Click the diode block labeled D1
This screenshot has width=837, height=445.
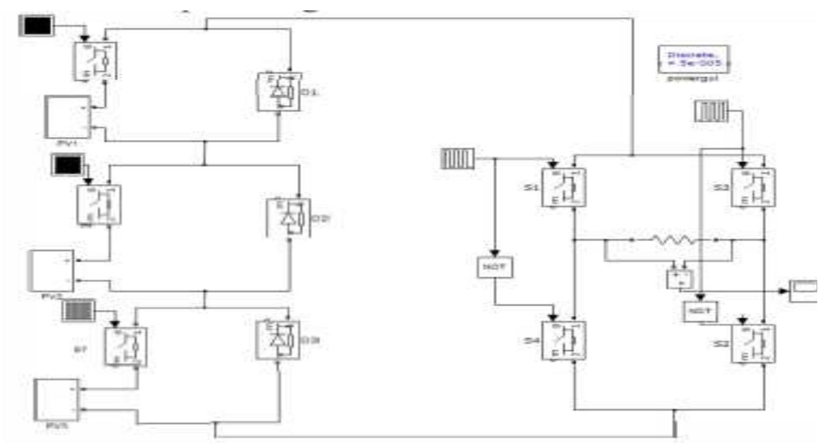click(278, 92)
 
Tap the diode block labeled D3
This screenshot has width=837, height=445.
click(278, 340)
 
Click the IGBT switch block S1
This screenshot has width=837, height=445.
click(564, 187)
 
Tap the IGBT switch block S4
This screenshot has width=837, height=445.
click(564, 340)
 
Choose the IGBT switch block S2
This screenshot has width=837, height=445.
click(754, 344)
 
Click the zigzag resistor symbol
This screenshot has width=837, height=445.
click(673, 240)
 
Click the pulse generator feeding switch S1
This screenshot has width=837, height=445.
click(456, 160)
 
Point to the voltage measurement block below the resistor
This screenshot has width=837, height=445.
click(680, 278)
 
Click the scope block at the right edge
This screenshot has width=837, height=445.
click(803, 290)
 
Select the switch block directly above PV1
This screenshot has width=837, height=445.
click(96, 60)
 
